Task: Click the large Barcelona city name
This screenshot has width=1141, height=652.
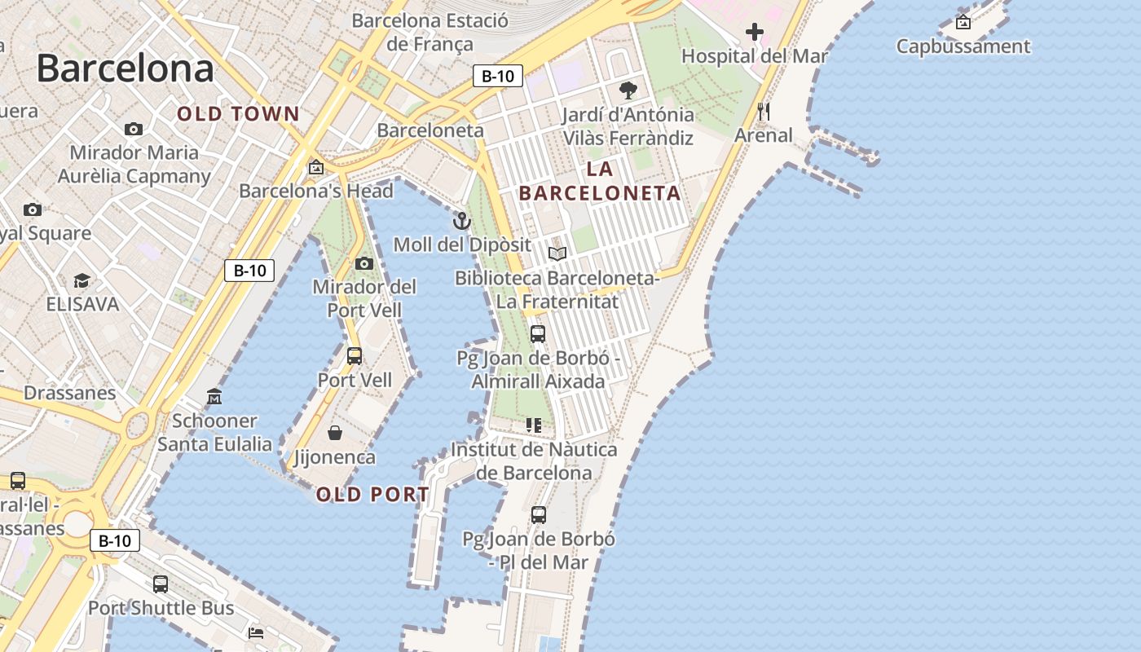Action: tap(125, 68)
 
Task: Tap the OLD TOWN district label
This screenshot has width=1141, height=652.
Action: tap(239, 114)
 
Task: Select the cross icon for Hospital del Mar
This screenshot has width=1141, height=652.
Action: tap(755, 33)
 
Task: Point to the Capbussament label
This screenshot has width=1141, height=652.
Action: tap(963, 46)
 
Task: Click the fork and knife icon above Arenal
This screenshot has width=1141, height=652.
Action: tap(764, 112)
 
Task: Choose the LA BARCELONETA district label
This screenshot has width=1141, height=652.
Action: tap(600, 181)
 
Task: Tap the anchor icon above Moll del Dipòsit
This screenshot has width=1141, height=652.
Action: tap(462, 221)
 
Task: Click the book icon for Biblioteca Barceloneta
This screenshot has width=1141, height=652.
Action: tap(557, 254)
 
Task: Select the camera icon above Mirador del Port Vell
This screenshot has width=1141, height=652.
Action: tap(364, 263)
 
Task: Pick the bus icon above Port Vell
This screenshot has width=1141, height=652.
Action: tap(355, 356)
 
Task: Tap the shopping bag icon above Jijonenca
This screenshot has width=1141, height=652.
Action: tap(335, 433)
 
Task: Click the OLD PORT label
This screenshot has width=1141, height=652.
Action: tap(372, 495)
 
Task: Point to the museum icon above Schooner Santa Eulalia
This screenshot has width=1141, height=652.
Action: tap(214, 397)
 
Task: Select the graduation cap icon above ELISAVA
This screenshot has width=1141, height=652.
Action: tap(81, 281)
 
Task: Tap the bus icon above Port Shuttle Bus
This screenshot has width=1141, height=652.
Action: tap(161, 584)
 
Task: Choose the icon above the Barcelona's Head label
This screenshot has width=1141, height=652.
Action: tap(316, 167)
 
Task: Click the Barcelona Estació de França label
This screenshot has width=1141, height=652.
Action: tap(430, 32)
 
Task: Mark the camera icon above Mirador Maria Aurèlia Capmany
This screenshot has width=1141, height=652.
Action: tap(134, 129)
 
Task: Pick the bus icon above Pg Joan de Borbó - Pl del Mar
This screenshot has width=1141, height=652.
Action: tap(539, 515)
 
